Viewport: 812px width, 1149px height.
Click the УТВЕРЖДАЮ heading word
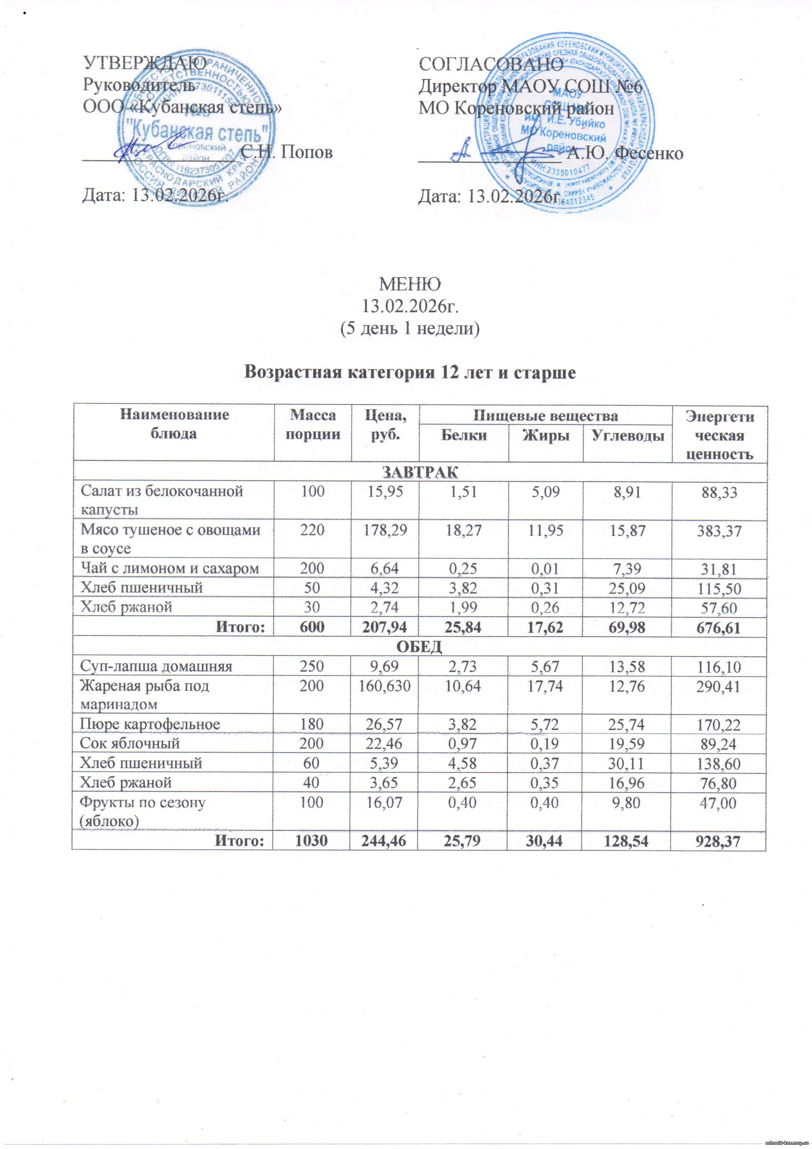[145, 64]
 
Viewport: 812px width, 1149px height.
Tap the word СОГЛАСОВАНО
[491, 64]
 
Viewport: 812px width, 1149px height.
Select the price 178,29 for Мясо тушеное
[385, 530]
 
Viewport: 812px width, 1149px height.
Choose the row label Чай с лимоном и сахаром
[170, 568]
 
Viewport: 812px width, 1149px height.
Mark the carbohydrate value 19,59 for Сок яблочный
[627, 744]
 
